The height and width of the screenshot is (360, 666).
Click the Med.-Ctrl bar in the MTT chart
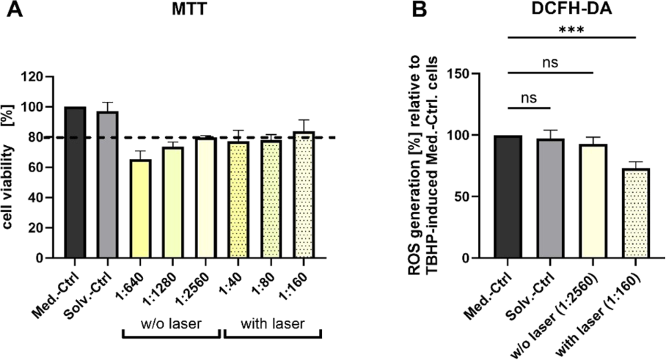(x=75, y=183)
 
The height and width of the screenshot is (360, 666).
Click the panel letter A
(x=12, y=11)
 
